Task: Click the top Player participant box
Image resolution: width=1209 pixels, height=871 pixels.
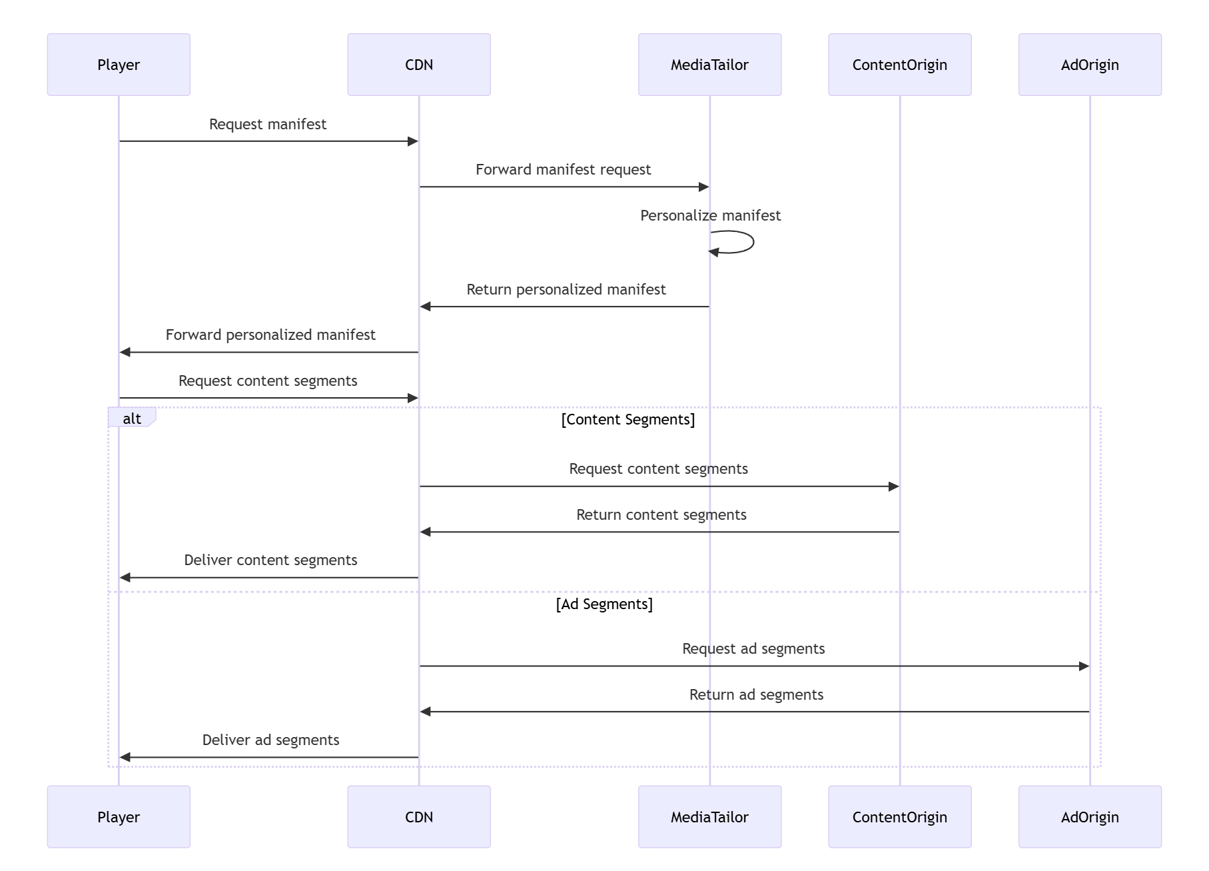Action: pos(119,65)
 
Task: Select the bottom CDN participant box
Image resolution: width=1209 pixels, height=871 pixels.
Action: pos(418,816)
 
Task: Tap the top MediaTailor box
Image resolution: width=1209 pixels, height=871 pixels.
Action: pos(709,65)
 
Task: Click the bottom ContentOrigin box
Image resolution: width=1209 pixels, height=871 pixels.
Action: pos(899,816)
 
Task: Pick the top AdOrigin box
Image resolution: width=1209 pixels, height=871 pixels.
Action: pos(1089,65)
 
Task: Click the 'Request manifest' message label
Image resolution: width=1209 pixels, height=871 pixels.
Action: pos(268,125)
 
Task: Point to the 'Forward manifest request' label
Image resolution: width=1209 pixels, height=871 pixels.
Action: pos(563,170)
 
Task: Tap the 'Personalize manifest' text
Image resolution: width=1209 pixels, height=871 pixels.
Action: pos(710,216)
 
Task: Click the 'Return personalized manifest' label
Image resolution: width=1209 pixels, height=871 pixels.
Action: pos(566,290)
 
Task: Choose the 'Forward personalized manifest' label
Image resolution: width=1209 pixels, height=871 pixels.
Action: pos(270,335)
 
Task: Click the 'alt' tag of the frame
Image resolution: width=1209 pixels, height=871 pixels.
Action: pos(132,419)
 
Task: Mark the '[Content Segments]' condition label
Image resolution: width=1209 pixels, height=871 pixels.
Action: pos(627,420)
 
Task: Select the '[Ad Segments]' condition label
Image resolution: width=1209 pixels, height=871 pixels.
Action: pos(604,604)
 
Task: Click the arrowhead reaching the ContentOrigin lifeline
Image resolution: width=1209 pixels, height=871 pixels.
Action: pos(894,486)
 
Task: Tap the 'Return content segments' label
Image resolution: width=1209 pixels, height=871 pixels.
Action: pos(661,515)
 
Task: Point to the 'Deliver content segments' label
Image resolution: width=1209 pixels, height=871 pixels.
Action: pos(270,560)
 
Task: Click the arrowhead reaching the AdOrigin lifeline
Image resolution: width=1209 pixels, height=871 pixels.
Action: pos(1084,666)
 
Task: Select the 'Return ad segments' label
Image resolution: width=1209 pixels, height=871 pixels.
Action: pos(756,695)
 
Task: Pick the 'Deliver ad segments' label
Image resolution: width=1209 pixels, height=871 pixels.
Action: pos(270,740)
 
